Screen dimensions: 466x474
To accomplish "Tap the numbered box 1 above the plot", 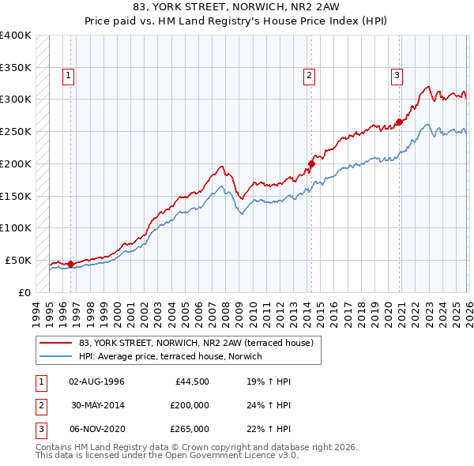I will [69, 76].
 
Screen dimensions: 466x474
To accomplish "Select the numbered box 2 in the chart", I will [308, 76].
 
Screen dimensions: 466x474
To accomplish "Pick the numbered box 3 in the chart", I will [397, 76].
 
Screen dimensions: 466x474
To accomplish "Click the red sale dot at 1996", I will [70, 264].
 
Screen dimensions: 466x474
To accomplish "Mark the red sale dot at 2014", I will [311, 164].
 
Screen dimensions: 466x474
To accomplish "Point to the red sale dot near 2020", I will [399, 122].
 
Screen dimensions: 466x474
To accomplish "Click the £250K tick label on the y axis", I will [16, 131].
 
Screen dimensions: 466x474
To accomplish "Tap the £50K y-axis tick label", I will [18, 260].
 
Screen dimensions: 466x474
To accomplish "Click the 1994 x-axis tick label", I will [37, 311].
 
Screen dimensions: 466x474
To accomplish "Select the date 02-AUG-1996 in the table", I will [96, 381].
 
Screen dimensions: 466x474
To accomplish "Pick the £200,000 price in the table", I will [190, 405].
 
